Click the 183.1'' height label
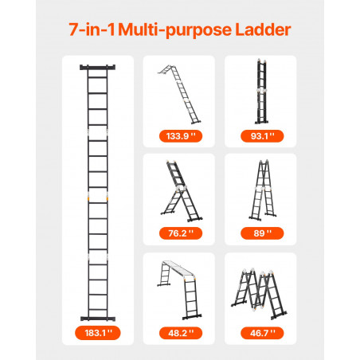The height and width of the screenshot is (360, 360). [x=98, y=333]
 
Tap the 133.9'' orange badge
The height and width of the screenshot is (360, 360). [x=181, y=136]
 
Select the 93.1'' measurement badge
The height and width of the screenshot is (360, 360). [x=262, y=136]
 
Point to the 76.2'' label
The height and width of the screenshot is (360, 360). [x=181, y=233]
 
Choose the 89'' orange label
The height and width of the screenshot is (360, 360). [x=262, y=233]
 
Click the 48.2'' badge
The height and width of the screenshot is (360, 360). [x=181, y=333]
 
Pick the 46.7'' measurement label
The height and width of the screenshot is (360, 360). [x=262, y=333]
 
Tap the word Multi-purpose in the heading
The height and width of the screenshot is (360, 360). [x=175, y=30]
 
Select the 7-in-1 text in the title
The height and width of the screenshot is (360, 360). [x=92, y=29]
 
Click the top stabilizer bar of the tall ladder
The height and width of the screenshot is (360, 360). [x=97, y=67]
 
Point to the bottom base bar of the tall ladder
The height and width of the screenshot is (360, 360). [x=98, y=319]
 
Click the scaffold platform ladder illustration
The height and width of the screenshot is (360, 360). [x=179, y=290]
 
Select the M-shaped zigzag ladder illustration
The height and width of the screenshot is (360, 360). [x=259, y=294]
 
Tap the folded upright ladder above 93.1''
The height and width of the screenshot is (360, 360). [x=261, y=92]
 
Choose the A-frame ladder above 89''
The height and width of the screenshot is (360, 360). [x=263, y=190]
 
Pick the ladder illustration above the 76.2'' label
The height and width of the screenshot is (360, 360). [x=182, y=191]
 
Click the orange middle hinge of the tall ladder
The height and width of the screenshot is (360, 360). [x=98, y=198]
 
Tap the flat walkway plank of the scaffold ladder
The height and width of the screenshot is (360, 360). [x=178, y=268]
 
